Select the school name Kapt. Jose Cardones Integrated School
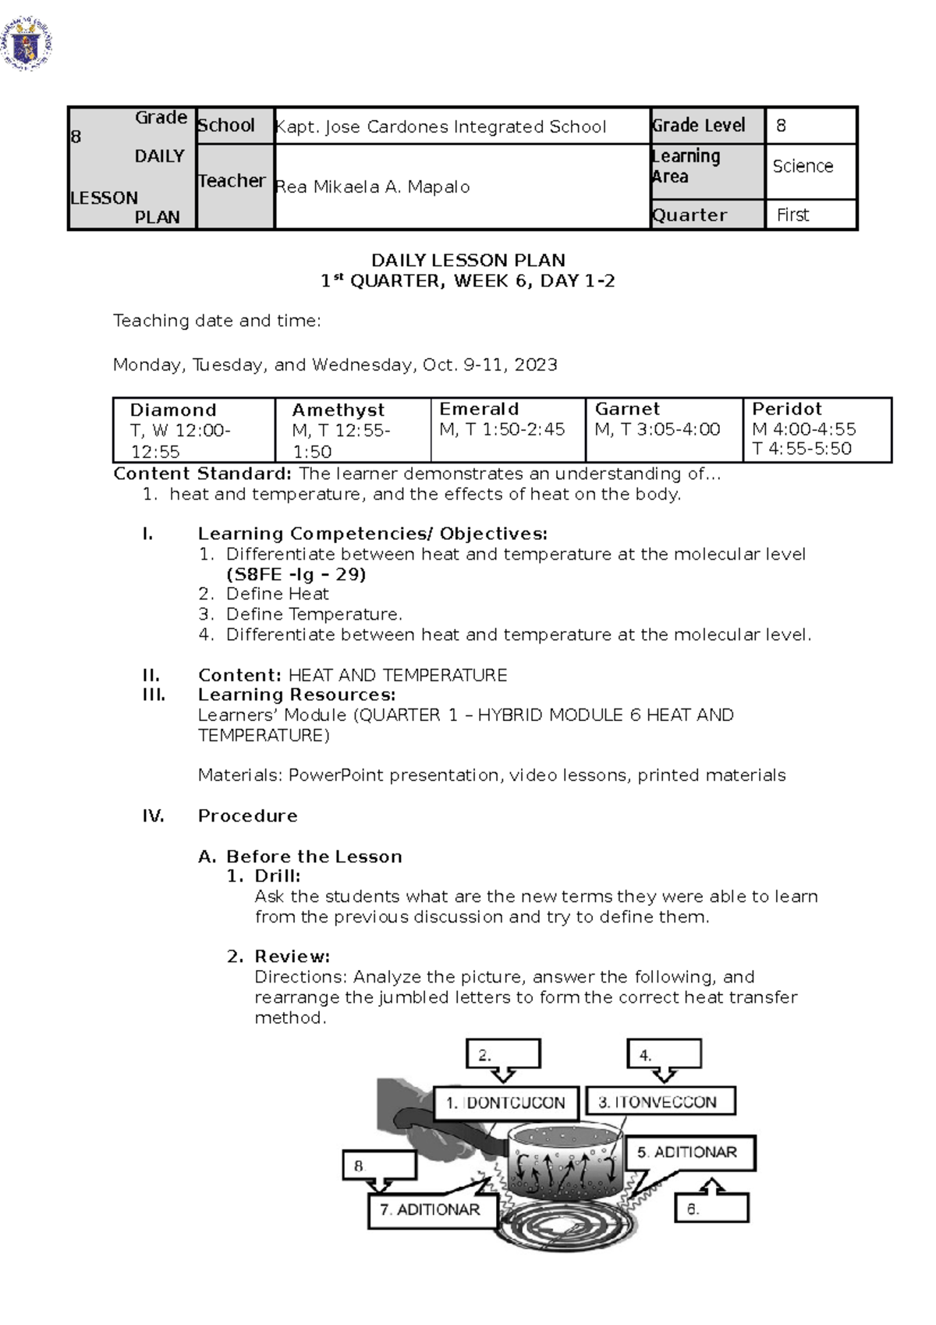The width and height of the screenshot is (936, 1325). click(x=441, y=126)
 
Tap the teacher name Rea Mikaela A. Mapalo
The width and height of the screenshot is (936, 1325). click(x=372, y=186)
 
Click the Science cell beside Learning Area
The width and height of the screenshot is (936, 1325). click(x=803, y=166)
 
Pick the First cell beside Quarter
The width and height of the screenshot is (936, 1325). click(x=792, y=215)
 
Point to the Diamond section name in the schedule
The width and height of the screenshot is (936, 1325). click(x=173, y=410)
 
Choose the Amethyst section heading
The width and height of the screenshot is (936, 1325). click(x=338, y=410)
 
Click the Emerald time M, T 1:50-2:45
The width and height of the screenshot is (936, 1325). click(x=502, y=429)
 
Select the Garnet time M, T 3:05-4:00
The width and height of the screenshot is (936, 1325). click(x=658, y=429)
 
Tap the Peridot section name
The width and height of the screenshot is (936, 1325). click(x=787, y=409)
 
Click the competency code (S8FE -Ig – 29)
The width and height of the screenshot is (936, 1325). click(x=296, y=574)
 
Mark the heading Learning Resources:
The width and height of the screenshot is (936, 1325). click(x=296, y=694)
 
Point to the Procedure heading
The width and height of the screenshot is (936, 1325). click(x=247, y=815)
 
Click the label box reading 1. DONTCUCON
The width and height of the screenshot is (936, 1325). click(x=505, y=1103)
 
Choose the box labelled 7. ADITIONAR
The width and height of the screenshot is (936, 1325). click(x=430, y=1210)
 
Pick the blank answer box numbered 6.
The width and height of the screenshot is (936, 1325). click(x=711, y=1209)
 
